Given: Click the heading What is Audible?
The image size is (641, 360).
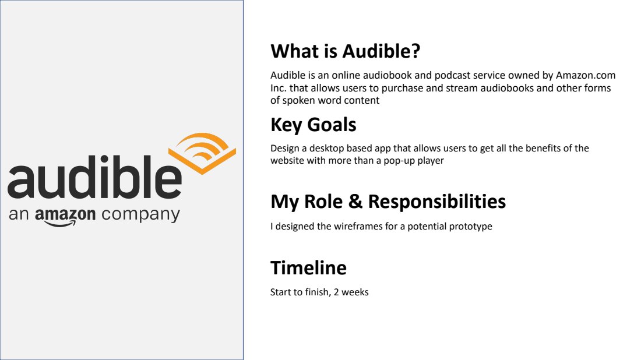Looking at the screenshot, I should (x=345, y=51).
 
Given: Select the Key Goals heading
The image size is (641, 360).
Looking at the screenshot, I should (x=313, y=125).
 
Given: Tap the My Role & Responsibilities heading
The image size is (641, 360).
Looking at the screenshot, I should (x=388, y=202).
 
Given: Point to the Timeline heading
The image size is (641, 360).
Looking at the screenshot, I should (x=308, y=268).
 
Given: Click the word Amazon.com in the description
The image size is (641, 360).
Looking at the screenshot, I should (x=586, y=76).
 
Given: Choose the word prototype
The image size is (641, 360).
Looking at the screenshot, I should (x=470, y=227).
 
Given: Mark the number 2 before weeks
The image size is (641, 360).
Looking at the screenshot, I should (x=334, y=292).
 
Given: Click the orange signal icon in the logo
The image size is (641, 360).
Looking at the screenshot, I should (x=202, y=153).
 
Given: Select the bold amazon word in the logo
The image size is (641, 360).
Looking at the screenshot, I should (x=65, y=216).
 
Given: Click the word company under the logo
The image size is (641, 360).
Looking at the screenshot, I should (x=140, y=216).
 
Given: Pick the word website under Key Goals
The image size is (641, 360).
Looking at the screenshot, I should (x=288, y=161).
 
